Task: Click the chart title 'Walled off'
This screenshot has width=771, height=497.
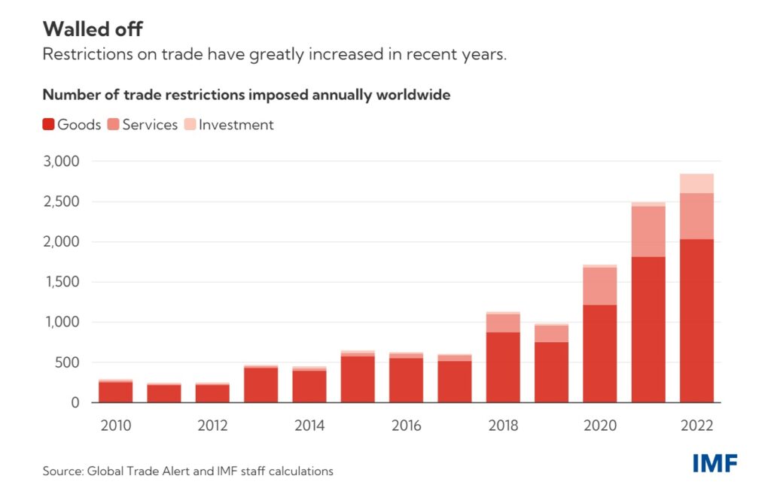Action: tap(93, 29)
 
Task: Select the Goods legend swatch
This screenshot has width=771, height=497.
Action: tap(48, 125)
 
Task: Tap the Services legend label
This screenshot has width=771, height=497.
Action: tap(150, 125)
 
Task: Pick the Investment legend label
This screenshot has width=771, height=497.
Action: tap(236, 125)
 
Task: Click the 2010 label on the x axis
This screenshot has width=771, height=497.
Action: tap(115, 426)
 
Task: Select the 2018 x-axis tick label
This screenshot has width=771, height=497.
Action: tap(503, 426)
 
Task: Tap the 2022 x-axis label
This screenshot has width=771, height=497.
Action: tap(696, 426)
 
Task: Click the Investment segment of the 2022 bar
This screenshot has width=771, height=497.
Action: tap(696, 183)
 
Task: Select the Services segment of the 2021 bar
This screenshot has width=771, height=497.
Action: tap(648, 232)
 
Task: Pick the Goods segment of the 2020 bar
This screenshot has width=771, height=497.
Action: tap(599, 353)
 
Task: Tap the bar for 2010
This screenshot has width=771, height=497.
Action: tap(115, 392)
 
